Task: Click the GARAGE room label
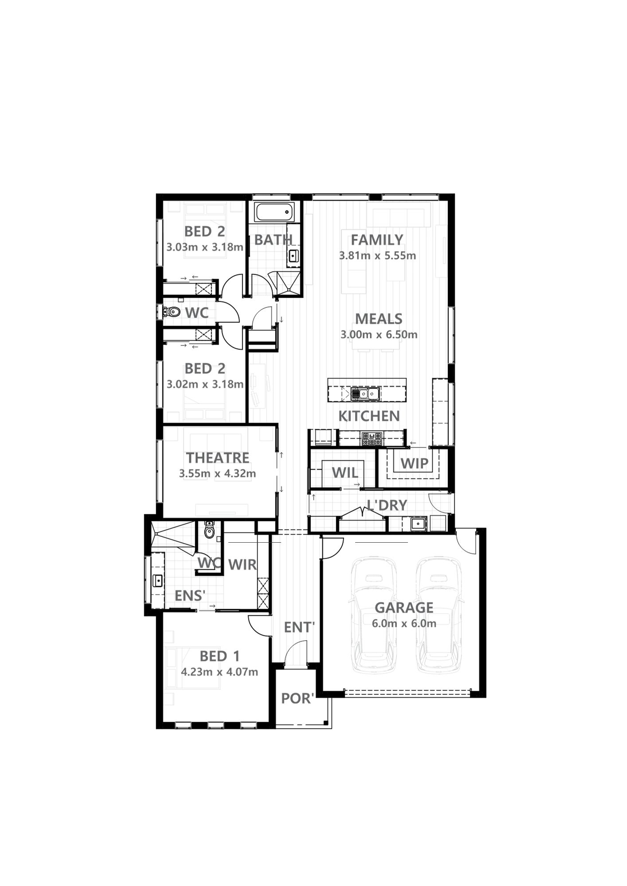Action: [404, 607]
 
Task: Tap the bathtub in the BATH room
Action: [274, 213]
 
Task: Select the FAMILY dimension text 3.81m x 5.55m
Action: [377, 256]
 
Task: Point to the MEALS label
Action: [379, 319]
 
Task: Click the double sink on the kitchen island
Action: [365, 393]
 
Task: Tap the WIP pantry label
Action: [415, 463]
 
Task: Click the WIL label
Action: [345, 472]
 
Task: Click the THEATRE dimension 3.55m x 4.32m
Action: [217, 474]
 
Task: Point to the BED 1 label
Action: [219, 656]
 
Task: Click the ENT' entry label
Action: [299, 627]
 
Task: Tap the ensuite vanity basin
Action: [157, 580]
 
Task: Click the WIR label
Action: [242, 564]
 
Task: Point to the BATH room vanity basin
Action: [293, 256]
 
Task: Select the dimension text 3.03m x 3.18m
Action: [205, 247]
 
